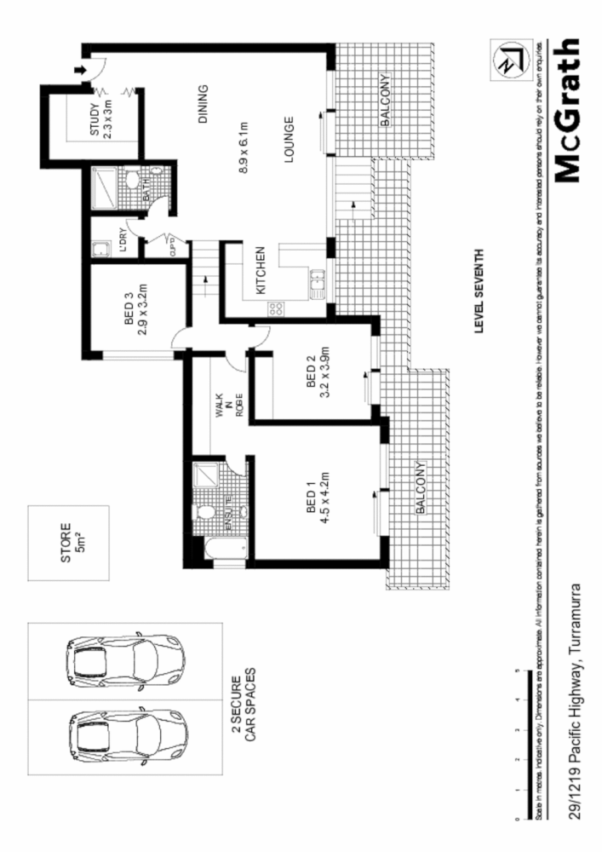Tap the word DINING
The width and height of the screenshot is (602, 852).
pos(203,104)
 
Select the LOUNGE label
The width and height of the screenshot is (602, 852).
pos(289,139)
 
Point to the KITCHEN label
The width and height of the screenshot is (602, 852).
pos(261,270)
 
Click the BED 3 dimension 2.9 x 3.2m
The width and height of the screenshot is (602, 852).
pos(142,312)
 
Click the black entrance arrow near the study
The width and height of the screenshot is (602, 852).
pos(81,70)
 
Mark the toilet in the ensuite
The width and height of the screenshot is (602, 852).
pos(204,515)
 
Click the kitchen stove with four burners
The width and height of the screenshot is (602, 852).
pos(276,309)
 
